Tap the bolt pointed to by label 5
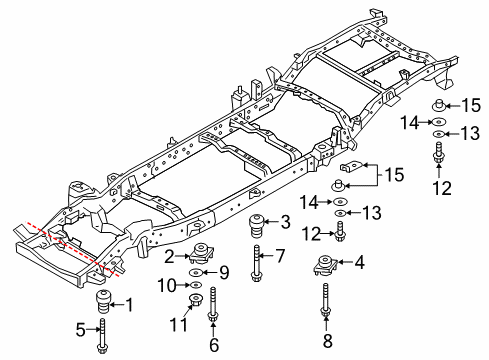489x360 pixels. coord(103,333)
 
